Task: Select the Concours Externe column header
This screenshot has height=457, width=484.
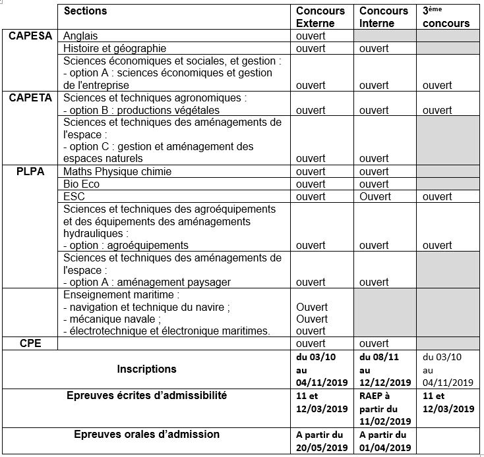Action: pos(320,17)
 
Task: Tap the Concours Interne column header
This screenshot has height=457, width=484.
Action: pos(383,17)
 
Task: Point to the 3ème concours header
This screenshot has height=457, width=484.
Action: pos(446,17)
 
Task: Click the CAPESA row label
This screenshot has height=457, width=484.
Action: pos(30,36)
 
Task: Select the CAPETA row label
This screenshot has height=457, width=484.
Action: pos(30,97)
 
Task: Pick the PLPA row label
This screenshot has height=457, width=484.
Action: pos(30,172)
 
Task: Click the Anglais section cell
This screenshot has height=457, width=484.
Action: pos(80,36)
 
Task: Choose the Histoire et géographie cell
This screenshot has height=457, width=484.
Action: pos(115,48)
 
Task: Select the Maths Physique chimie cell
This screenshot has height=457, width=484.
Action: pos(117,172)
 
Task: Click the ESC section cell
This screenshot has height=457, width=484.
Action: pos(75,196)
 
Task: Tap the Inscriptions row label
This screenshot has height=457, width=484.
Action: pos(146,369)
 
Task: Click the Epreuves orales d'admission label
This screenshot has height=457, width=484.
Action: pos(147,435)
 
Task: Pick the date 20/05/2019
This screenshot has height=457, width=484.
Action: pos(322,448)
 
